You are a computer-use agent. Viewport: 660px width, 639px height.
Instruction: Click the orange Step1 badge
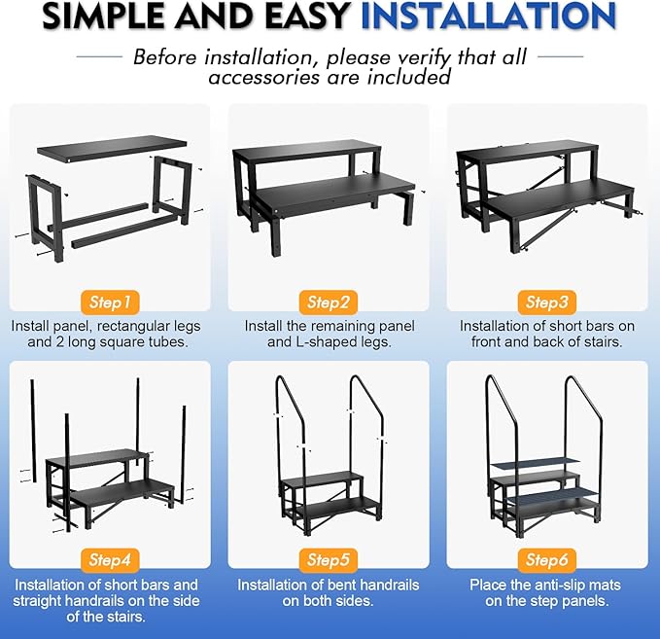109,302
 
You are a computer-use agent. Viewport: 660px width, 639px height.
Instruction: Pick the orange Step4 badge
109,559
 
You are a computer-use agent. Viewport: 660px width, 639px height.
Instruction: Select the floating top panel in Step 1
112,147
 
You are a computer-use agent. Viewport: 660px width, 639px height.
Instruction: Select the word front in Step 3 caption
492,343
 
